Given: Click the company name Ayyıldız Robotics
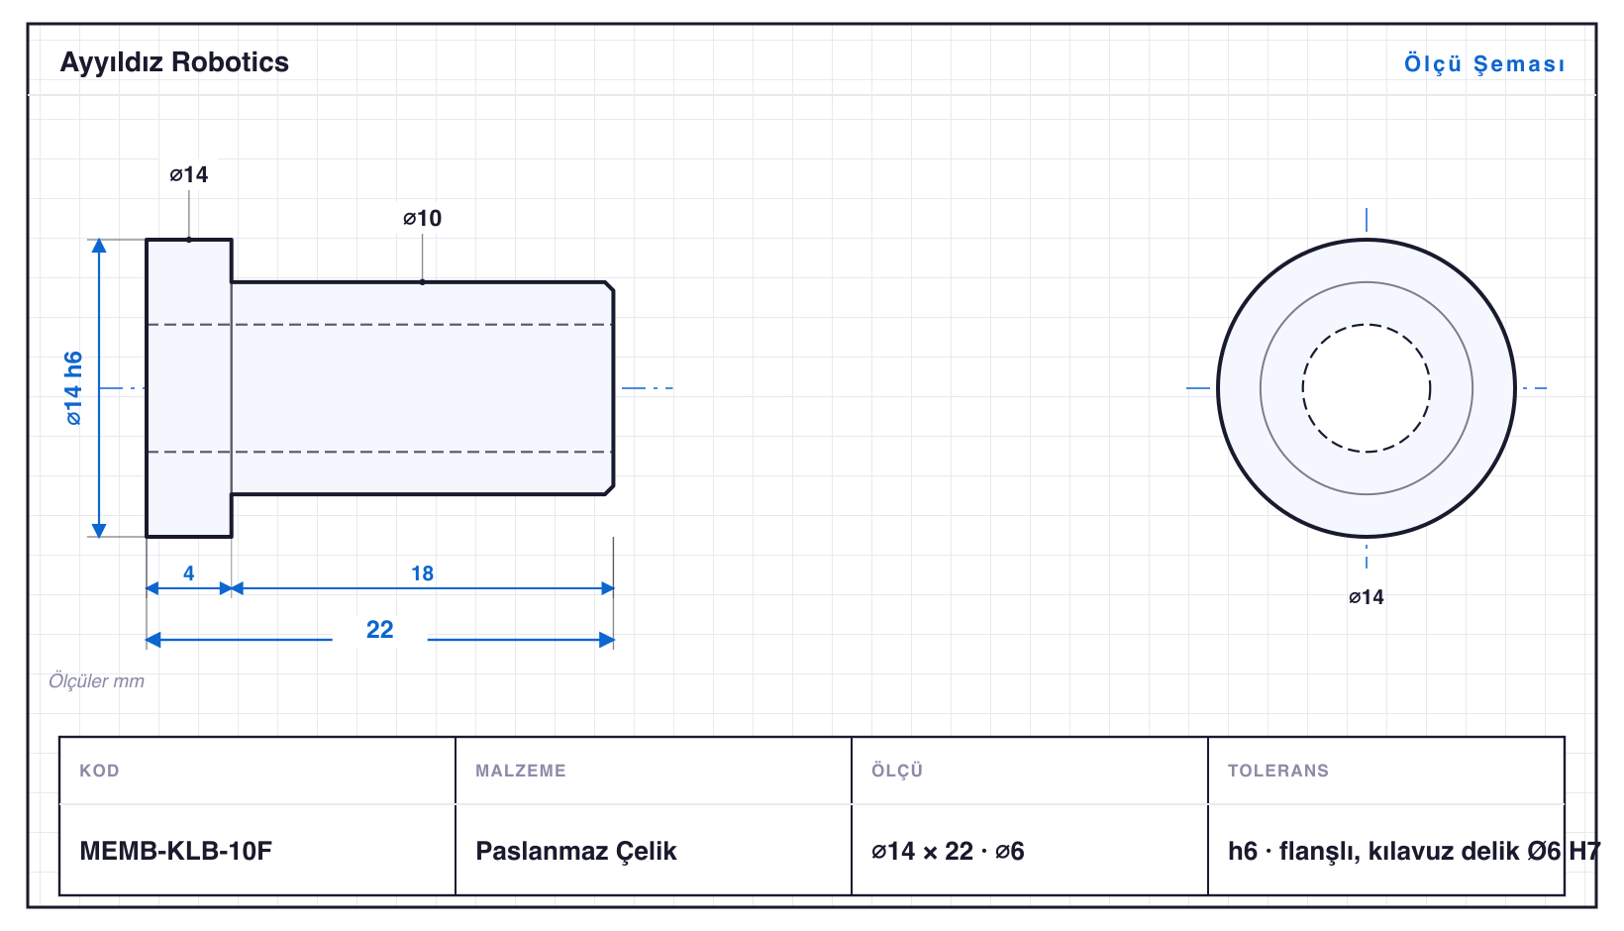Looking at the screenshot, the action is coord(174,62).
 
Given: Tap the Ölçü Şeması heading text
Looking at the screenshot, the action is coord(1484,63).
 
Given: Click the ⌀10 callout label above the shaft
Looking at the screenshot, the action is coord(422,218).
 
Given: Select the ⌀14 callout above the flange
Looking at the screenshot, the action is coord(188,174).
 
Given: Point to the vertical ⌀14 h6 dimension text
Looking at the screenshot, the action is coord(73,388).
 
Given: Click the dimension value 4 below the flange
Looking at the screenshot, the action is coord(188,573).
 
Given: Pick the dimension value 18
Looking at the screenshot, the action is coord(422,573).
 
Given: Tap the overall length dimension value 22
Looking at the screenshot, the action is coord(380,629).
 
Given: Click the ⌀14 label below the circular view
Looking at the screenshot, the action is coord(1366,597).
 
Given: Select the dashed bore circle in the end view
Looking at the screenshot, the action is coord(1366,325).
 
